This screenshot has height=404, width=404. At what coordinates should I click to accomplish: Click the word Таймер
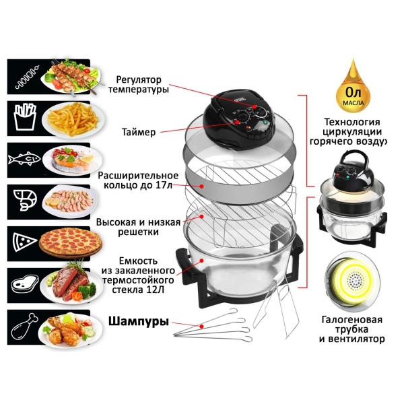tap(139, 132)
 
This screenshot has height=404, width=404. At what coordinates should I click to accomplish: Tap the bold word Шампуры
tap(138, 321)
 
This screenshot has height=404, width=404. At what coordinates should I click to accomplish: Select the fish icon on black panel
tap(24, 159)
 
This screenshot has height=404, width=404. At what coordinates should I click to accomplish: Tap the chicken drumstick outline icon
tap(24, 327)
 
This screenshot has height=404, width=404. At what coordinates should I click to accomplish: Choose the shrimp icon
tap(25, 201)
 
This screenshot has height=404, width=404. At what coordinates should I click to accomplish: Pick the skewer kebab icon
tap(27, 77)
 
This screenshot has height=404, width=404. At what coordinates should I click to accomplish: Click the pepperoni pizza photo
tap(70, 242)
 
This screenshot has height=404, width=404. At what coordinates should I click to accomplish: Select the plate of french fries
tap(73, 120)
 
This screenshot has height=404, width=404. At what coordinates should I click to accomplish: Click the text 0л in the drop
tap(353, 92)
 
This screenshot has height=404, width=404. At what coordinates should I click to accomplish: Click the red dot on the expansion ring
tap(202, 186)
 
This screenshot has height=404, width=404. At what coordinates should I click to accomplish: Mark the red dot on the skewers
tap(202, 326)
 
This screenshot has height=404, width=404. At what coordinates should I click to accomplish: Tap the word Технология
tap(351, 122)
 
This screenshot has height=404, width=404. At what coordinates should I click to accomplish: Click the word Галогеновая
tap(352, 320)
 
